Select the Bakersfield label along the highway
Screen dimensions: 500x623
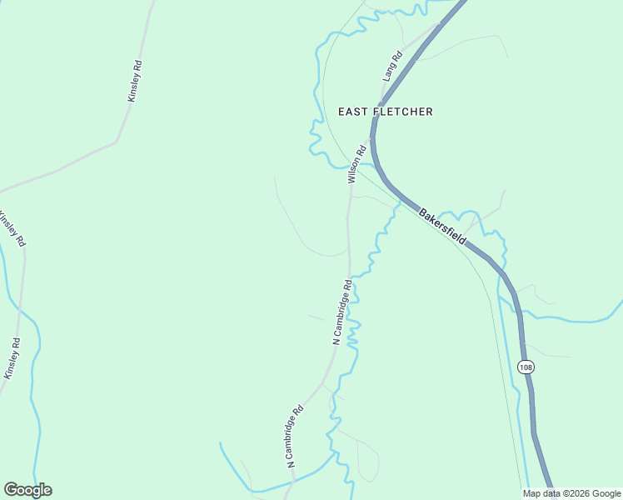point(441,225)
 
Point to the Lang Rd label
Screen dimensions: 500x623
point(392,65)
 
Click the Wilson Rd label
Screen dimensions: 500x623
point(356,164)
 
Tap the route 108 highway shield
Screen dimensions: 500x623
point(525,367)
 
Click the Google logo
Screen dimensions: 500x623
point(27,490)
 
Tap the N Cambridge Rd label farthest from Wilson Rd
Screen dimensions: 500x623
point(296,436)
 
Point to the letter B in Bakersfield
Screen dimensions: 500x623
point(421,212)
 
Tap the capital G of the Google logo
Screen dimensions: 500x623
point(11,490)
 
